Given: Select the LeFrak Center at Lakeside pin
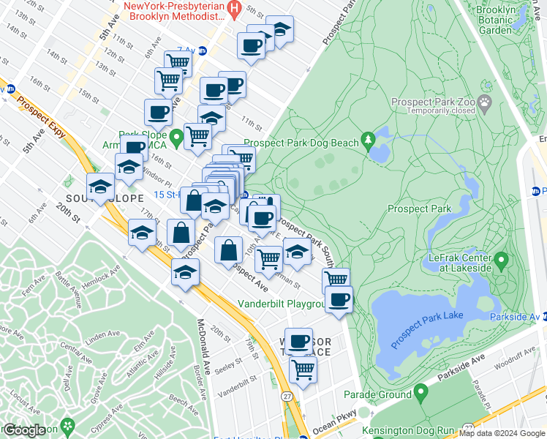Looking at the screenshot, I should coord(502,260).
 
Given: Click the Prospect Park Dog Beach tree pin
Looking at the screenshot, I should coord(369,139).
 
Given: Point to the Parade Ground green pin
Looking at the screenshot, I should coord(420,394).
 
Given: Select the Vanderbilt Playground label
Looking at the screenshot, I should coord(281,304).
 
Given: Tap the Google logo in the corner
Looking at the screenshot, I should coord(24,430).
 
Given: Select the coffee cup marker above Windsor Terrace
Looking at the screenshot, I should coord(298,341).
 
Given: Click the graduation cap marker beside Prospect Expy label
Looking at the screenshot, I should coord(100,186).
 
